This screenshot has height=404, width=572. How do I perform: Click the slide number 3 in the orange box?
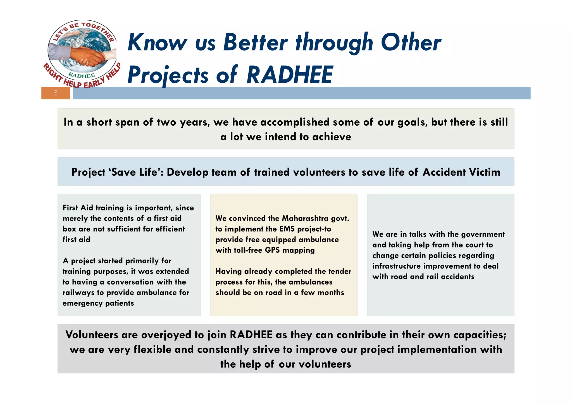(56, 93)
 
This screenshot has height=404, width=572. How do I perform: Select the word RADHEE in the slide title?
(290, 75)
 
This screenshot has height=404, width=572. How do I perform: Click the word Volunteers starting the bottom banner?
(92, 335)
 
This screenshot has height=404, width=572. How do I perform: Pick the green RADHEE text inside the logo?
(82, 75)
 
